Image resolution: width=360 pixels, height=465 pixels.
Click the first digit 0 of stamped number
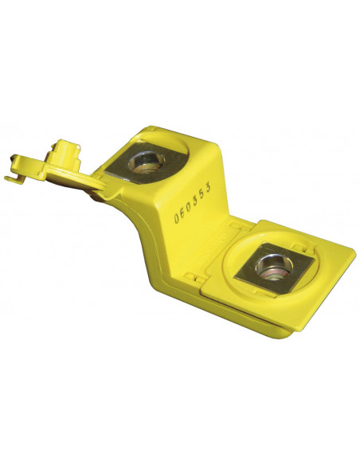coord(177,218)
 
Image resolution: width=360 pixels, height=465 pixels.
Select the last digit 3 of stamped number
coord(209,188)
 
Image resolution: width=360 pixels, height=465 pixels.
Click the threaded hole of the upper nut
coord(147,162)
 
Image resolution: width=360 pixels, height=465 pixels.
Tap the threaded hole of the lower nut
coord(274,267)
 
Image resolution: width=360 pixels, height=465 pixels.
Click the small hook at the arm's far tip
coord(14,179)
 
